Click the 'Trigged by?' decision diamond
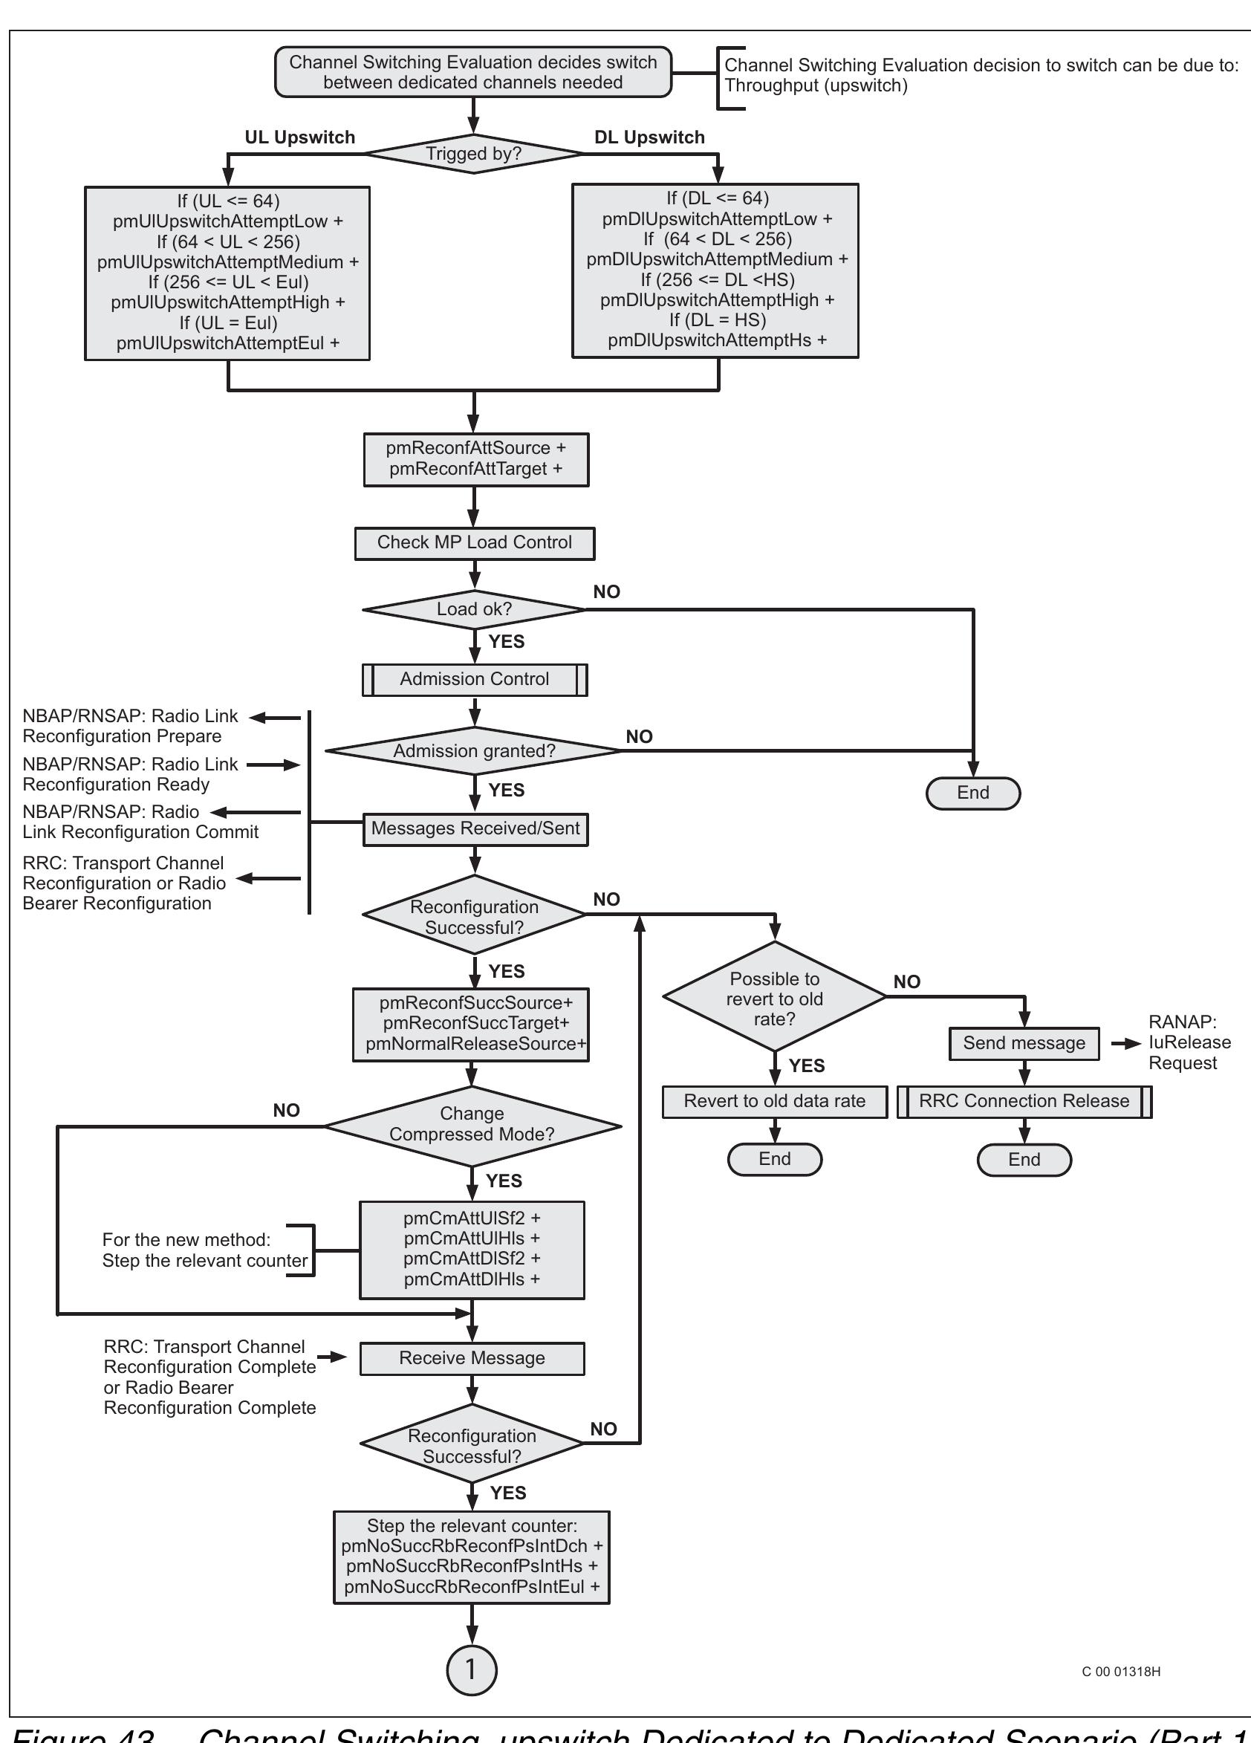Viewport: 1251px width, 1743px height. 473,154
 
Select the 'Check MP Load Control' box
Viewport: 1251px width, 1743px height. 474,542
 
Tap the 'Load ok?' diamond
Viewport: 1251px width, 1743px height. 474,609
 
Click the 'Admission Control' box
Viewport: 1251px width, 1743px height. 474,679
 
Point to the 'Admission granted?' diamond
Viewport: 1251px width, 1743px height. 474,751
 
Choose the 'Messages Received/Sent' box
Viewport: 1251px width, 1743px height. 475,828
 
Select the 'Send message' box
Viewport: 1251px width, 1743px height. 1024,1043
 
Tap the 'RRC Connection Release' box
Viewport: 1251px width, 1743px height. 1024,1100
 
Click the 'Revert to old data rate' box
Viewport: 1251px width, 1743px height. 775,1100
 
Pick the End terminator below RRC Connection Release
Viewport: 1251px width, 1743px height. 1024,1160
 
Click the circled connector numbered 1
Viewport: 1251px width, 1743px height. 471,1669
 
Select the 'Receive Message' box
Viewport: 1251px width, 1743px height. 472,1358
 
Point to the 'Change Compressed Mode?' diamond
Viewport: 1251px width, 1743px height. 472,1124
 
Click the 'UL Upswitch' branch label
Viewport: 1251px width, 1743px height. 299,137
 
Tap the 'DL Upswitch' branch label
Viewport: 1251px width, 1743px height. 649,137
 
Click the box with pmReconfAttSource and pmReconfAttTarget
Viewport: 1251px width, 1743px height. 475,459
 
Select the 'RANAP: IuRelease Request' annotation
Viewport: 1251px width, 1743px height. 1189,1043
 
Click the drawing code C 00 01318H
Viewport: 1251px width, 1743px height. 1120,1672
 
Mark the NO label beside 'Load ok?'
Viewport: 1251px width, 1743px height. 606,591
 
